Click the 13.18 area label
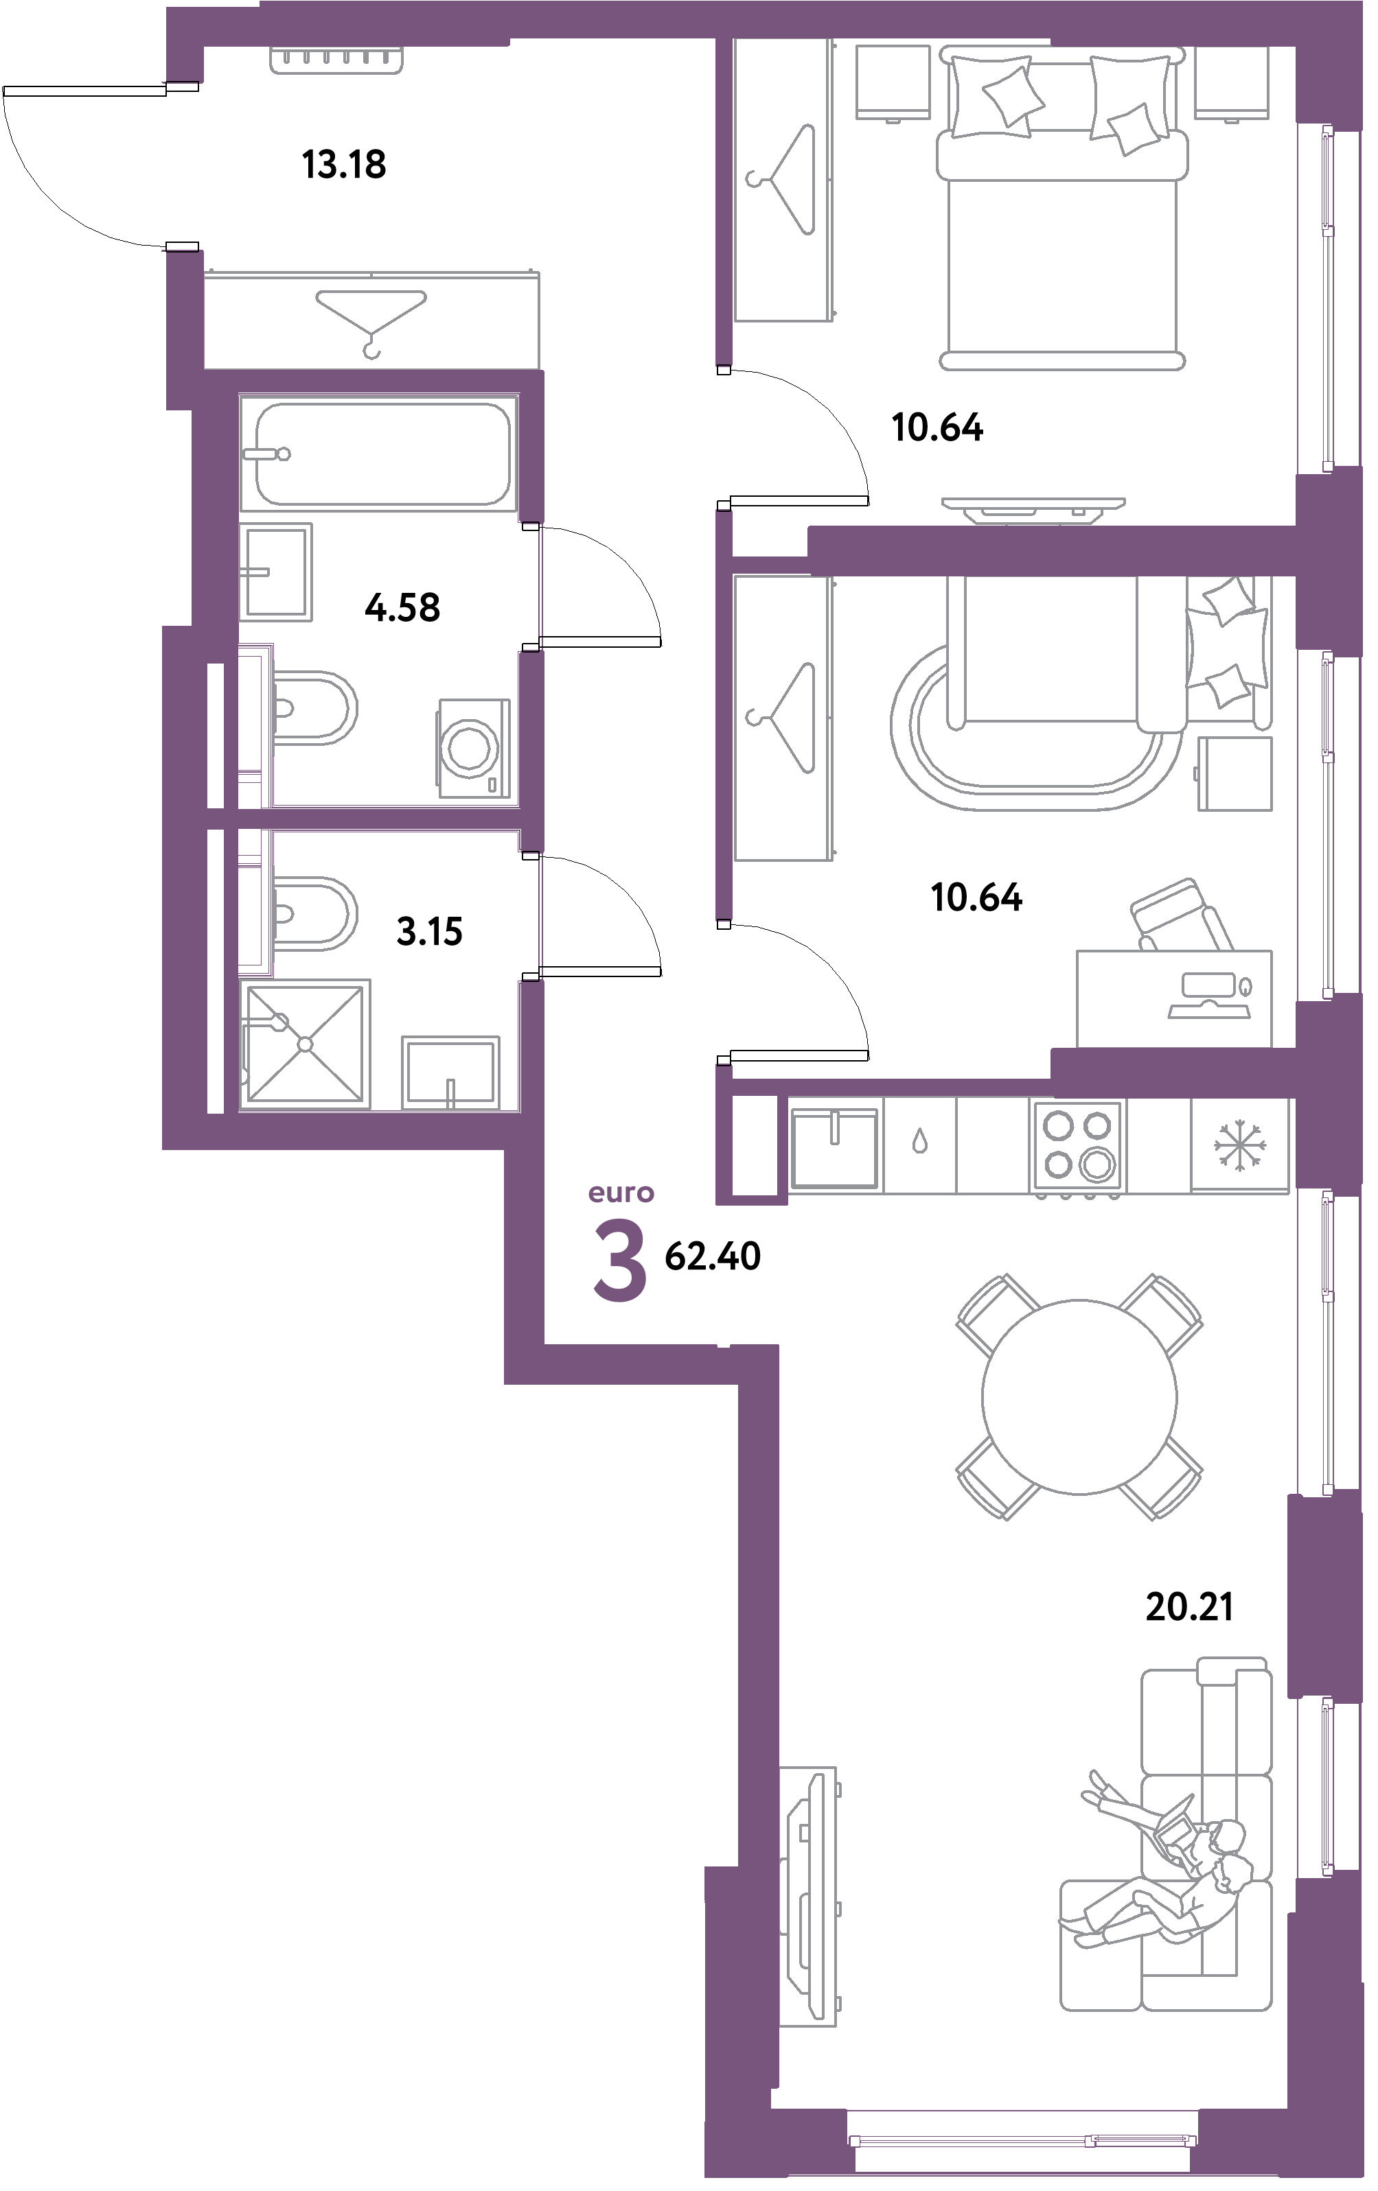[344, 165]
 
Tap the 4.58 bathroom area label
[402, 607]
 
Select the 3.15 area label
[430, 932]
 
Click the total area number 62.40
[713, 1256]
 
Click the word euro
[621, 1192]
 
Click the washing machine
[472, 748]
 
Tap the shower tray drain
[305, 1044]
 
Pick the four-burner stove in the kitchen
[1079, 1145]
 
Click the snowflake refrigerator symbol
[1239, 1145]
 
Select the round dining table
[1079, 1396]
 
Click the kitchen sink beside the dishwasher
[835, 1145]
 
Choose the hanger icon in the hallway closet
[371, 318]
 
